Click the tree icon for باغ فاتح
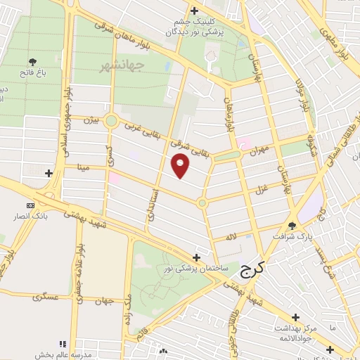(x=34, y=64)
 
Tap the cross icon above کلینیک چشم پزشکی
(x=194, y=10)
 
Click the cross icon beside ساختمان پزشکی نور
(x=196, y=257)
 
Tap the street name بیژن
(x=89, y=120)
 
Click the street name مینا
(x=82, y=167)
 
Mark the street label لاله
(x=231, y=238)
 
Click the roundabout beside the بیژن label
(x=110, y=121)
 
